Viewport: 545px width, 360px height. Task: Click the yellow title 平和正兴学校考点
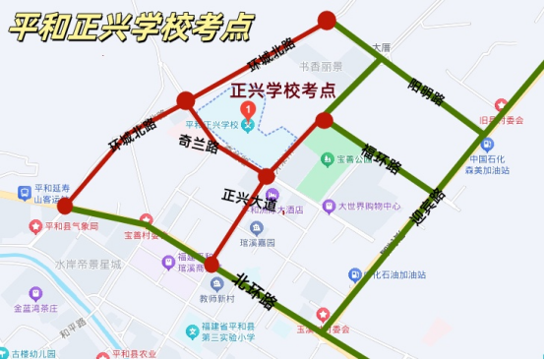130,27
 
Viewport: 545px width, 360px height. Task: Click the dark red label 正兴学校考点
282,91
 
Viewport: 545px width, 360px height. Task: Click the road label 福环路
380,156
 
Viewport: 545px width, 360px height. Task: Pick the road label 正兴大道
250,201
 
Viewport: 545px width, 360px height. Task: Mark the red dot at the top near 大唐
327,20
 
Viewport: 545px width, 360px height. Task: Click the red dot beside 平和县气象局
65,206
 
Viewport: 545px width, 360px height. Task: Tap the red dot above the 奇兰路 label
185,99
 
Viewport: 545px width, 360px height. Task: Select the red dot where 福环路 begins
324,121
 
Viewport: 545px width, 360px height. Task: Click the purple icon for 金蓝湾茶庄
36,293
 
